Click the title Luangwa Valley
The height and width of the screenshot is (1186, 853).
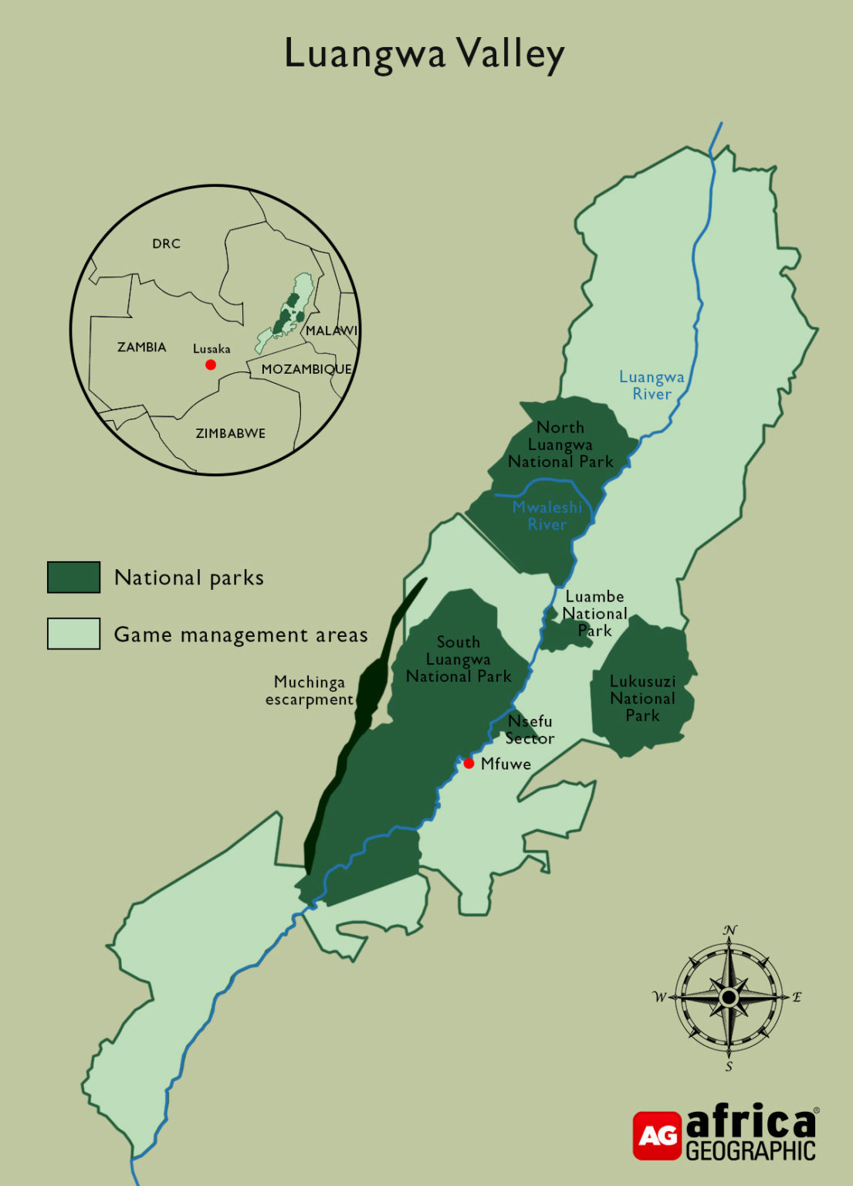pyautogui.click(x=425, y=54)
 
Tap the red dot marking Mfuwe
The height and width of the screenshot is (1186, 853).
pyautogui.click(x=469, y=763)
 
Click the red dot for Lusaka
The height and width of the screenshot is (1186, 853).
pyautogui.click(x=211, y=364)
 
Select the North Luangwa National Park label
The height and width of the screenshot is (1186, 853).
pyautogui.click(x=560, y=445)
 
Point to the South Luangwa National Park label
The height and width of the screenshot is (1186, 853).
pyautogui.click(x=459, y=659)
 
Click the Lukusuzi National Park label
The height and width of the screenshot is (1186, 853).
pyautogui.click(x=642, y=698)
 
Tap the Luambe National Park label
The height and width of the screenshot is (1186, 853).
pyautogui.click(x=594, y=613)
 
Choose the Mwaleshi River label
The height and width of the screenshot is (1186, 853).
pyautogui.click(x=547, y=515)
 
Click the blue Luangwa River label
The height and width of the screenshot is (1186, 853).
pyautogui.click(x=652, y=385)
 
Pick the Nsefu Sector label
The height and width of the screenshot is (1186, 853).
pyautogui.click(x=530, y=730)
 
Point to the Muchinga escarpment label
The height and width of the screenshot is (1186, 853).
pyautogui.click(x=310, y=690)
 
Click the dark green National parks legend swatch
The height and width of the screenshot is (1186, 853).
pyautogui.click(x=74, y=577)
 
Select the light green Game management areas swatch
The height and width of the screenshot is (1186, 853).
pyautogui.click(x=74, y=633)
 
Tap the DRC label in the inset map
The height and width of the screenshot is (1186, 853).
pyautogui.click(x=166, y=244)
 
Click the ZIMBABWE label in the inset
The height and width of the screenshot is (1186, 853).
pyautogui.click(x=230, y=433)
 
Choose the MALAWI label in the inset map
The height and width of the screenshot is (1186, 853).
pyautogui.click(x=331, y=330)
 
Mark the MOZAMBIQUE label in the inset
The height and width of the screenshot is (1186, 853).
pyautogui.click(x=306, y=369)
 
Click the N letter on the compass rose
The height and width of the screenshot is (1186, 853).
pyautogui.click(x=729, y=930)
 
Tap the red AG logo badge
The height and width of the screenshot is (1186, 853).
pyautogui.click(x=657, y=1135)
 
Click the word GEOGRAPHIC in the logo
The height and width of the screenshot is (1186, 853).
pyautogui.click(x=750, y=1150)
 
